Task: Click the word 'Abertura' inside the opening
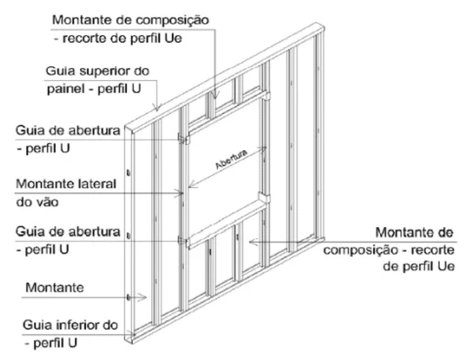(x=231, y=159)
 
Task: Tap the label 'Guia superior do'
(x=97, y=71)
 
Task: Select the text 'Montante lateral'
(x=66, y=184)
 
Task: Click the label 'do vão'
(x=37, y=202)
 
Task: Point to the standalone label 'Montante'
(x=54, y=288)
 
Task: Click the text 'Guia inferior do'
(x=70, y=325)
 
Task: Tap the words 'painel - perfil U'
(x=94, y=89)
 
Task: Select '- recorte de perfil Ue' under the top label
(x=118, y=38)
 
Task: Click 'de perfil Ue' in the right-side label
(x=419, y=266)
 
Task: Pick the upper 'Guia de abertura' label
(x=68, y=131)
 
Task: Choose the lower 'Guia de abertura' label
(x=68, y=231)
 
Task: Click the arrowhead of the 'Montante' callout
(x=143, y=297)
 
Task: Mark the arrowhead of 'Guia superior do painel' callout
(x=157, y=107)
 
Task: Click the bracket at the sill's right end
(x=264, y=198)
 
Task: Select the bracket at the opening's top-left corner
(x=184, y=139)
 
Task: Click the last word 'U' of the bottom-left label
(x=72, y=343)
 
